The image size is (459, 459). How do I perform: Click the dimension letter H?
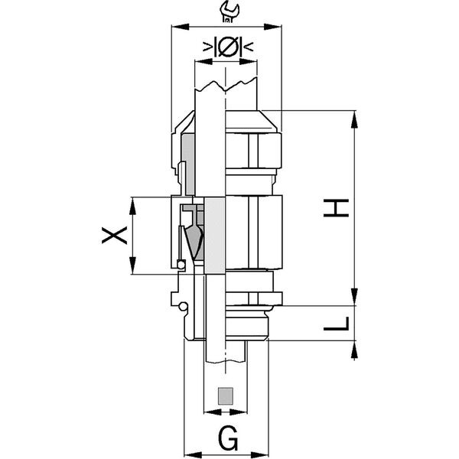click(x=336, y=208)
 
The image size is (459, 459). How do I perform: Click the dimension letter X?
click(x=115, y=236)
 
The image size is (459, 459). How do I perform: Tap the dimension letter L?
click(x=337, y=324)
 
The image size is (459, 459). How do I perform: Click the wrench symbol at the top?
click(x=229, y=11)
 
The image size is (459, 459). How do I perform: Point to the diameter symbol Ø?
click(x=228, y=47)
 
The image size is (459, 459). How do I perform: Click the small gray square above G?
click(x=226, y=396)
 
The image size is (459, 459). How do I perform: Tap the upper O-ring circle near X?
click(x=181, y=265)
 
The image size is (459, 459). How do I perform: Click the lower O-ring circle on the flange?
click(x=184, y=306)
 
